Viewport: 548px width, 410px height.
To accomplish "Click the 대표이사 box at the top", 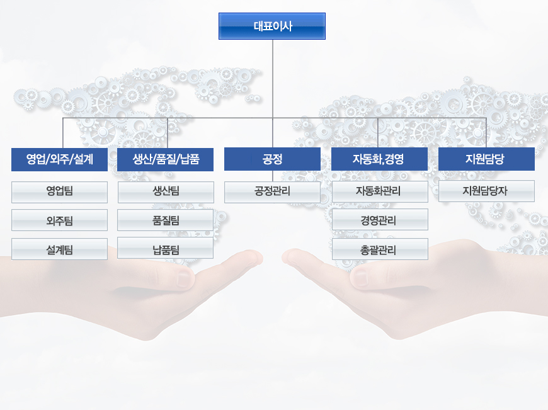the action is pos(272,26).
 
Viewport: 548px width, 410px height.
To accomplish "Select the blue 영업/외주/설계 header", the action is pos(59,159).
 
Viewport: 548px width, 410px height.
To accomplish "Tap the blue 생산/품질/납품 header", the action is pos(165,159).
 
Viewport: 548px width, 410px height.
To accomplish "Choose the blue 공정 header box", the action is pos(272,159).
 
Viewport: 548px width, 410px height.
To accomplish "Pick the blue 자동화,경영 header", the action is pos(379,159).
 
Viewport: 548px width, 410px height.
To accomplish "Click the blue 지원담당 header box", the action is pos(486,159).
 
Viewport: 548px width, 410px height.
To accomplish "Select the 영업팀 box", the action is pos(59,192).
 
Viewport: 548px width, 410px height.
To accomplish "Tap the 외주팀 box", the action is pos(59,220).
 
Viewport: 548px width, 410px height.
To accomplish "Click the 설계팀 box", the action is pos(59,249).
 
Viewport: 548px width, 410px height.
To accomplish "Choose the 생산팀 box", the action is pos(166,192).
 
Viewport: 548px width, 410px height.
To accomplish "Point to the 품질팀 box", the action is pos(165,220).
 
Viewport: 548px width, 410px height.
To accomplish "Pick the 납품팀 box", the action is pos(165,248).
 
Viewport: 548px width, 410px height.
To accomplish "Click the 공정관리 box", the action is pos(272,192).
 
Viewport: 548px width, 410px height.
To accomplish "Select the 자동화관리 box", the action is pos(380,191).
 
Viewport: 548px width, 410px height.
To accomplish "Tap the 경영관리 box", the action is pos(380,220).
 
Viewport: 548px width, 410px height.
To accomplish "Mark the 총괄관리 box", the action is pos(380,249).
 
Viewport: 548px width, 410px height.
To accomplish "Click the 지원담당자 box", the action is pos(486,191).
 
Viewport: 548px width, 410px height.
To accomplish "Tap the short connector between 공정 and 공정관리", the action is pos(273,176).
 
